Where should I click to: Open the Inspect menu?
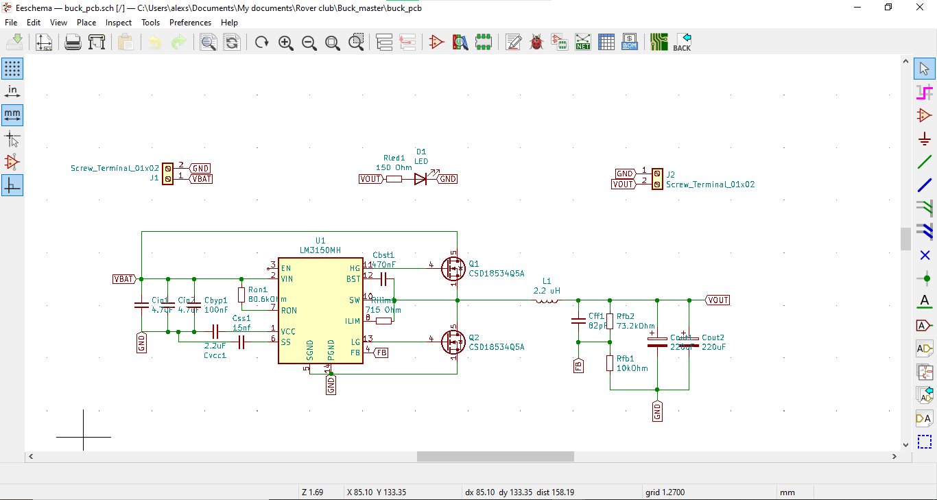pyautogui.click(x=119, y=23)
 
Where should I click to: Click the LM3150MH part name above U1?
pyautogui.click(x=320, y=250)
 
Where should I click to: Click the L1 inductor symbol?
pyautogui.click(x=546, y=300)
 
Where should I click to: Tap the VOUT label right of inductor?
pyautogui.click(x=718, y=300)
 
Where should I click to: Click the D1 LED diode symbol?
pyautogui.click(x=420, y=179)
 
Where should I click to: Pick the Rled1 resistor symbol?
pyautogui.click(x=394, y=179)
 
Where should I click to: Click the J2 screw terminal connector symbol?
pyautogui.click(x=656, y=178)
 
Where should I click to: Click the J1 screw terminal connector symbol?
pyautogui.click(x=167, y=173)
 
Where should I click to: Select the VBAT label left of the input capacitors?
pyautogui.click(x=124, y=279)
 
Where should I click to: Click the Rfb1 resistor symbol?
pyautogui.click(x=609, y=363)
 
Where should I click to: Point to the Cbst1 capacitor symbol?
pyautogui.click(x=383, y=279)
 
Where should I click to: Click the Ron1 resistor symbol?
pyautogui.click(x=241, y=295)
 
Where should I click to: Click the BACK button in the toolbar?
pyautogui.click(x=682, y=43)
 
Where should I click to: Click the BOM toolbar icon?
pyautogui.click(x=629, y=43)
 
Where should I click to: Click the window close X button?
pyautogui.click(x=920, y=8)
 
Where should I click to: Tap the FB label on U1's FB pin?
pyautogui.click(x=380, y=353)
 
